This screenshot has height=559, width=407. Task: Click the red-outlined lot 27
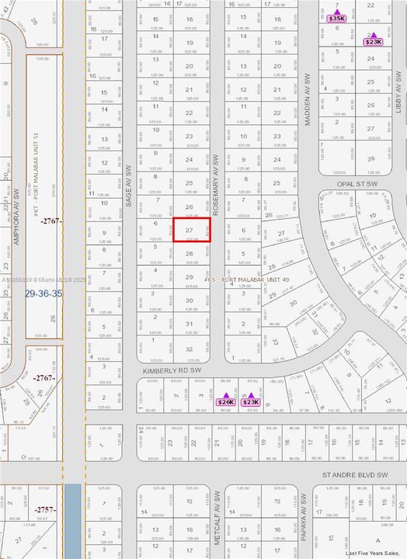tap(190, 230)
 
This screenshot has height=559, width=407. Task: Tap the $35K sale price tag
tap(336, 18)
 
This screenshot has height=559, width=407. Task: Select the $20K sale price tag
tap(226, 402)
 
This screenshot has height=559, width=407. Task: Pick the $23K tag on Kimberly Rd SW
tap(250, 402)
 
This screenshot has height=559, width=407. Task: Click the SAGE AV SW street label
tap(128, 185)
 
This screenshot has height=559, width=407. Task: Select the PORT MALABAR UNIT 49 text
tap(246, 279)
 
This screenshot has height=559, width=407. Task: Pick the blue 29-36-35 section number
tap(43, 293)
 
